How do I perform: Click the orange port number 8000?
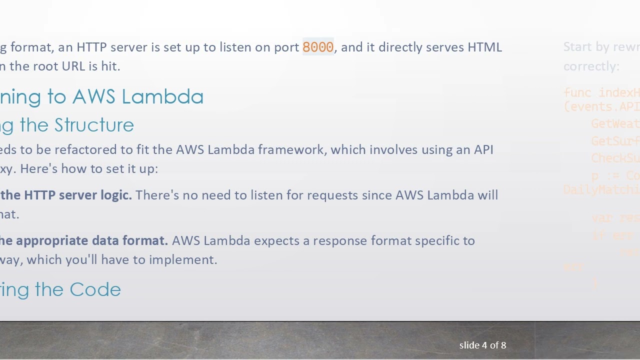(318, 47)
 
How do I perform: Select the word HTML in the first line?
(484, 47)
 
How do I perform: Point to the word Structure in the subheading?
(94, 125)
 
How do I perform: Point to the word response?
(335, 240)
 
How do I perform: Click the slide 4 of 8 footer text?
(482, 345)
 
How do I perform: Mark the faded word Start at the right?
(577, 47)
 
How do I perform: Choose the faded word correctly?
(591, 66)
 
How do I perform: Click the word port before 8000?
(286, 47)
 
